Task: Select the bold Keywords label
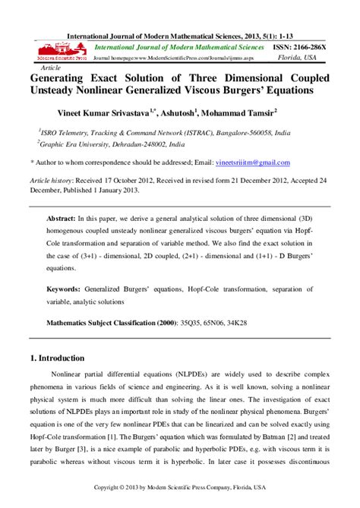68,289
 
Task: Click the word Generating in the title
62,77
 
